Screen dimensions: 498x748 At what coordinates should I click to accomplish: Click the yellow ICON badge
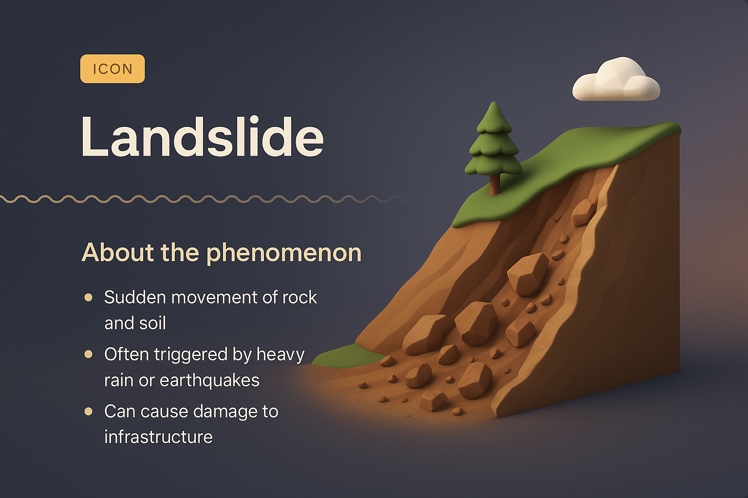click(112, 69)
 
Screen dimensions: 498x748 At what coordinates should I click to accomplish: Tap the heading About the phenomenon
click(222, 252)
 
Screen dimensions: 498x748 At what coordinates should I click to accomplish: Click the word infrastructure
click(158, 437)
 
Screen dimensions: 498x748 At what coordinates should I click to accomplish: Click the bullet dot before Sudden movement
click(89, 297)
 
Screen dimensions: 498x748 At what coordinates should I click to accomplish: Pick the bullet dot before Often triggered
click(89, 354)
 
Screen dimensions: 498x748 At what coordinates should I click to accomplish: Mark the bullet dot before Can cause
click(89, 411)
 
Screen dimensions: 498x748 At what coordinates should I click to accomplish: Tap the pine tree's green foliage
click(493, 146)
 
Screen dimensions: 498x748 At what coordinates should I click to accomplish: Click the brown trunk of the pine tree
click(494, 185)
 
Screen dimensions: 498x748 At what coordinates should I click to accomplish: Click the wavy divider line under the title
click(195, 199)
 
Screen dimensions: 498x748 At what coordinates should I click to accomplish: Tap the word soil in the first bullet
click(154, 323)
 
